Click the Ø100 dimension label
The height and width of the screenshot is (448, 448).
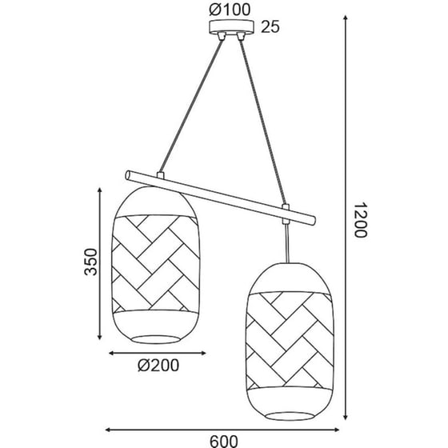(230, 10)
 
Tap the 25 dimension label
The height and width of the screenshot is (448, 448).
(270, 27)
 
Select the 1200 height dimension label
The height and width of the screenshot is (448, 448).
(360, 220)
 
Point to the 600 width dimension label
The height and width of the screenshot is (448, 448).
(224, 441)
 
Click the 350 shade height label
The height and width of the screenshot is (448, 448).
(91, 262)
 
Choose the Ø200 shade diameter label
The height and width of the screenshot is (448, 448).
(158, 365)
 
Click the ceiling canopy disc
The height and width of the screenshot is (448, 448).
(231, 26)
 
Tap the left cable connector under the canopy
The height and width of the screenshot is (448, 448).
(221, 36)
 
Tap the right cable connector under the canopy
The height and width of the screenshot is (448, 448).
(241, 36)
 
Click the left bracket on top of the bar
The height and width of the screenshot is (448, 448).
(161, 176)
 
